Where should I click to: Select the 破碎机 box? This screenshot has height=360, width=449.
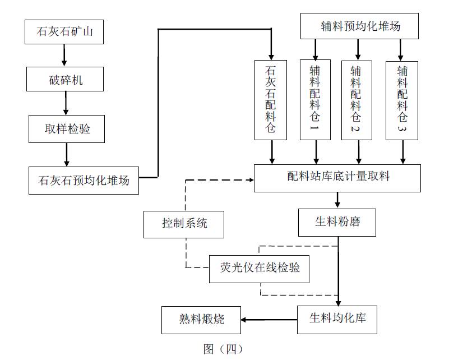(x=65, y=80)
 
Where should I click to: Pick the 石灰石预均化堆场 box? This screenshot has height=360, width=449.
(x=84, y=180)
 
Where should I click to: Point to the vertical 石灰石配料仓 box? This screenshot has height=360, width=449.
(x=270, y=100)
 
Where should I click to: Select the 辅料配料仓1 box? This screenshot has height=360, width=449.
(x=316, y=100)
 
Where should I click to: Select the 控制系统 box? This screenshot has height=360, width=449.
(x=184, y=224)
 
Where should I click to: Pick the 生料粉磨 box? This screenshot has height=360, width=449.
(x=337, y=221)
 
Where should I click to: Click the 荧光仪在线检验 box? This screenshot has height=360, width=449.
(x=259, y=268)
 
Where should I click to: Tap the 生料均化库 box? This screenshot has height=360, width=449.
(x=337, y=319)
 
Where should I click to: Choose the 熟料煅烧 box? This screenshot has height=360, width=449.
(x=201, y=320)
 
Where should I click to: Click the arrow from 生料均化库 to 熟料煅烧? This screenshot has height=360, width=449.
(x=270, y=320)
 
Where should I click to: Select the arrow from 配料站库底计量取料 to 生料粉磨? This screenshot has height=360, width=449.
(x=337, y=200)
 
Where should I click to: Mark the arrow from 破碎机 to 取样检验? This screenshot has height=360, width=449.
(x=66, y=104)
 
